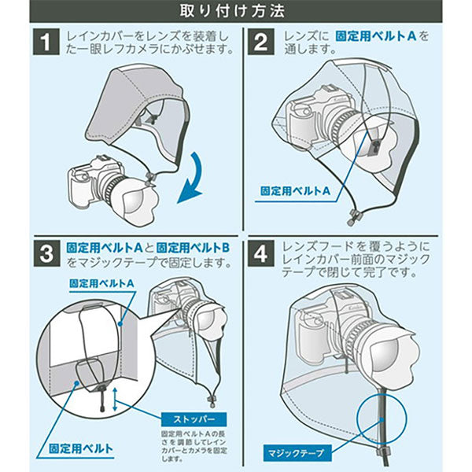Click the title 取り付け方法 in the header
[232, 11]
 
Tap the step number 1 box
[46, 42]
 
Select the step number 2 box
[261, 42]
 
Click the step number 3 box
[46, 253]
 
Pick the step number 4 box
[261, 253]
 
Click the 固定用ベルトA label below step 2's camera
[295, 191]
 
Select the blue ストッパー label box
[194, 419]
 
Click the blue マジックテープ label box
[297, 453]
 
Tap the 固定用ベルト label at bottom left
[81, 448]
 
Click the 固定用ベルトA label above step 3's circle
[101, 283]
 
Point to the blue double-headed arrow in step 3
[115, 400]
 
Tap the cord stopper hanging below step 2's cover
[352, 216]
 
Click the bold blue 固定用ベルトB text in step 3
[194, 248]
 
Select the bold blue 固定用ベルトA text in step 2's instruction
[376, 36]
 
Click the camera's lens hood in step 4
[394, 356]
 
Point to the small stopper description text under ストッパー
[194, 447]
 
